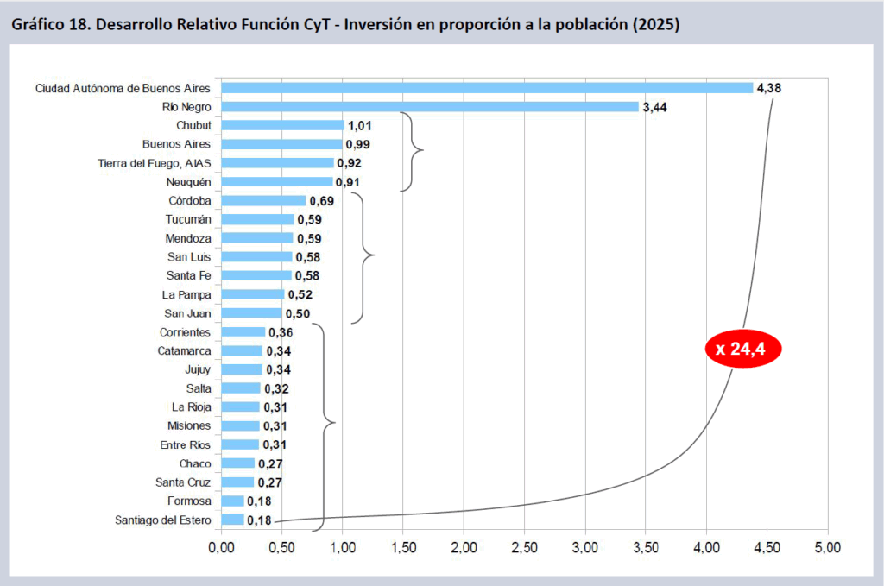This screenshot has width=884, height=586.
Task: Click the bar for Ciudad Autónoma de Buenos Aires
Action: pyautogui.click(x=488, y=87)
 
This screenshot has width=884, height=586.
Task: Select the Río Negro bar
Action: pyautogui.click(x=430, y=106)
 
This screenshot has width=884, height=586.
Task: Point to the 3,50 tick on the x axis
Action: pyautogui.click(x=646, y=546)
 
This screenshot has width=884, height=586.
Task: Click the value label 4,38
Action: pyautogui.click(x=769, y=88)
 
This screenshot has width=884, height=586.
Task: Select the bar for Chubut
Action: pyautogui.click(x=282, y=125)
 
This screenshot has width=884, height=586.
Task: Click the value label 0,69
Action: pyautogui.click(x=322, y=201)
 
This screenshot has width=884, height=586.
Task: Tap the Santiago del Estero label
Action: pyautogui.click(x=164, y=520)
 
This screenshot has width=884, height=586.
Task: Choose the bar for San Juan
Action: pyautogui.click(x=251, y=313)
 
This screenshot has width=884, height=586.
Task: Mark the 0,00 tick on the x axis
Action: pyautogui.click(x=221, y=546)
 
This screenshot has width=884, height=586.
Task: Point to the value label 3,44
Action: pyautogui.click(x=655, y=107)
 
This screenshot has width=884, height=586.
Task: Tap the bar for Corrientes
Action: pyautogui.click(x=243, y=332)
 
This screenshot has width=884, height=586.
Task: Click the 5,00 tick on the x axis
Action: pyautogui.click(x=828, y=546)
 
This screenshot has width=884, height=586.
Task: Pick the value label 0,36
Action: pyautogui.click(x=281, y=332)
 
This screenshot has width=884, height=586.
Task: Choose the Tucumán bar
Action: pyautogui.click(x=257, y=219)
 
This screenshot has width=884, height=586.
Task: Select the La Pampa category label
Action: pyautogui.click(x=187, y=294)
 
